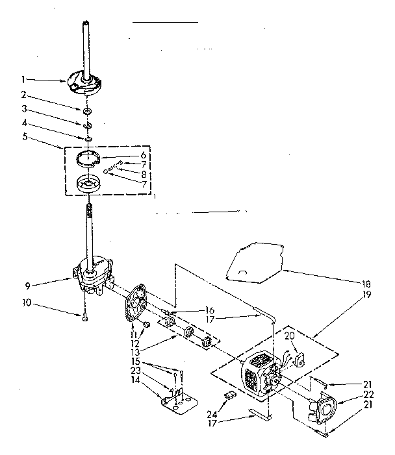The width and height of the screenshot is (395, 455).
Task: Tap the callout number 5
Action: tap(23, 137)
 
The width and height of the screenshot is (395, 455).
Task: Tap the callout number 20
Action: tap(289, 336)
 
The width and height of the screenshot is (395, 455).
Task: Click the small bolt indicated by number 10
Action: tap(84, 317)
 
